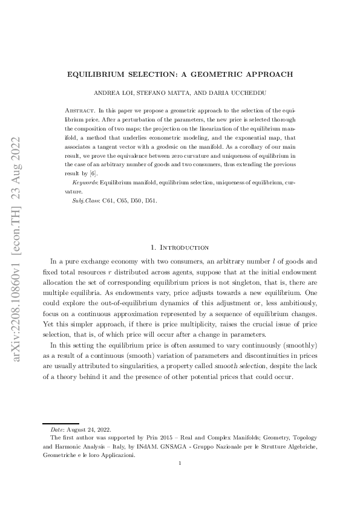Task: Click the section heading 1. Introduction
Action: pos(180,247)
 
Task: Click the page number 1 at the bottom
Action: pos(180,464)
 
